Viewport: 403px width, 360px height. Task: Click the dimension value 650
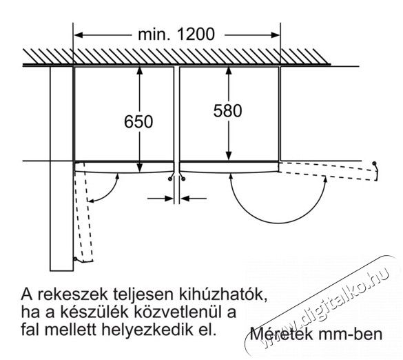(138, 121)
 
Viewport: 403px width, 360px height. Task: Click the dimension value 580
(228, 110)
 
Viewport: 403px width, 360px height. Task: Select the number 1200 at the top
(196, 34)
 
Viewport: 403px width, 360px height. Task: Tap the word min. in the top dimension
(154, 34)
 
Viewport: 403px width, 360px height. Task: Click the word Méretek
(282, 334)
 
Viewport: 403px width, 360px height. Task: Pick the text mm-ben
(351, 334)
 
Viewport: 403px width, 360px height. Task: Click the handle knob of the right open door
(374, 163)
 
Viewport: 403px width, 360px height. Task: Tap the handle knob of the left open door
(75, 259)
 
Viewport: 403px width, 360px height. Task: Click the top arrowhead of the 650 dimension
(139, 70)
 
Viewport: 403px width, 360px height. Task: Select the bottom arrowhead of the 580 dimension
(229, 155)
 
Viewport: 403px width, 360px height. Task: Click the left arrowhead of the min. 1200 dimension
(79, 34)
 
